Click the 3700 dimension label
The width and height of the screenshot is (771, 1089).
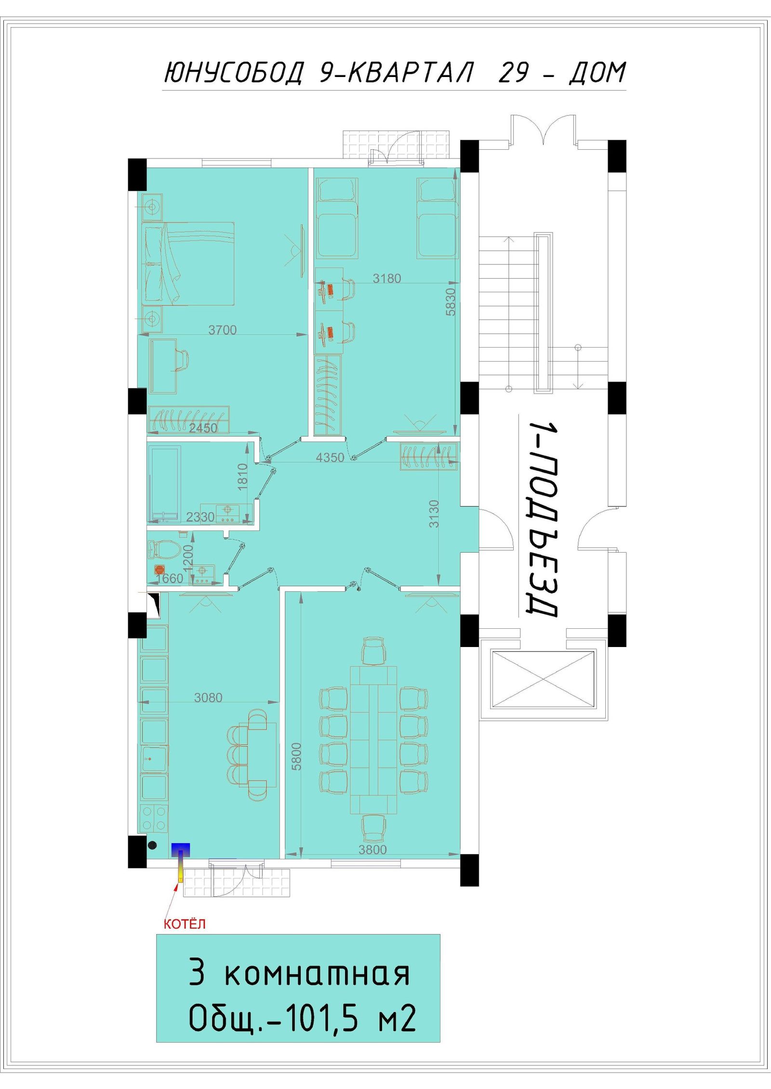tap(222, 330)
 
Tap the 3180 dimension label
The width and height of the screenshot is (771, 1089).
tap(386, 278)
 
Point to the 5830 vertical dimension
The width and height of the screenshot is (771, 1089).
tap(450, 302)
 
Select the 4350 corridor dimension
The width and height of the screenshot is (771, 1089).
tap(330, 457)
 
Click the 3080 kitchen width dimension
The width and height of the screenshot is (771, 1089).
tap(208, 698)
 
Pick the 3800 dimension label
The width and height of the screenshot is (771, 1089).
tap(372, 850)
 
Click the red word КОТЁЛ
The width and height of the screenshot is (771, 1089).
tap(185, 924)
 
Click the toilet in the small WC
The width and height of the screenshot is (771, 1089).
tap(164, 548)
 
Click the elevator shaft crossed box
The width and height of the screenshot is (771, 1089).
tap(543, 679)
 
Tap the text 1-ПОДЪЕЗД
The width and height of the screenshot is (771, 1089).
tap(542, 519)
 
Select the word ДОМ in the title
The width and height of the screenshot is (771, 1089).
tap(598, 73)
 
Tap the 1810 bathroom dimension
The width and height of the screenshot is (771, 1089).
tap(242, 477)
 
